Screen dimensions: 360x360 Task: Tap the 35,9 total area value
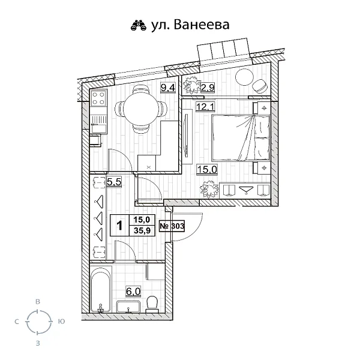point(142,232)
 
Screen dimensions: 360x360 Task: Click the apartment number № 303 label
point(172,226)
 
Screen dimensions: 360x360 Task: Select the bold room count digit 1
point(120,226)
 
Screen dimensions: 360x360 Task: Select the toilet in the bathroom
point(152,304)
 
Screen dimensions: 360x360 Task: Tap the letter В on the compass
point(38,302)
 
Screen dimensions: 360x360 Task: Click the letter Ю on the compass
point(61,322)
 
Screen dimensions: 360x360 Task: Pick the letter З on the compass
point(38,343)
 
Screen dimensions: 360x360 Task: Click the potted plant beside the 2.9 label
point(191,88)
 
